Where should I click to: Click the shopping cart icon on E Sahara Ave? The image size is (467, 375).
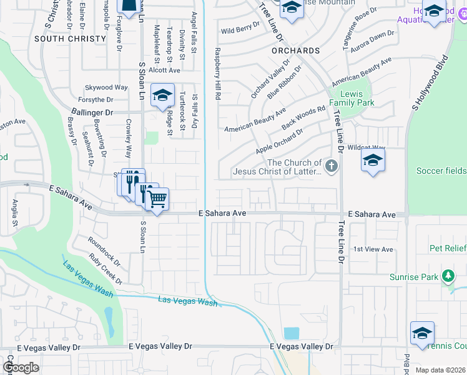click(157, 199)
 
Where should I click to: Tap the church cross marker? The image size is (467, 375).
click(332, 166)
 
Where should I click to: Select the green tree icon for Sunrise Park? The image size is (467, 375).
click(447, 276)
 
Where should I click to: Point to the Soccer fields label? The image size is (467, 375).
click(441, 171)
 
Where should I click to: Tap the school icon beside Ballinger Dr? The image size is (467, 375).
click(162, 96)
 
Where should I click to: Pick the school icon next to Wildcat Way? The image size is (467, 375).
click(373, 161)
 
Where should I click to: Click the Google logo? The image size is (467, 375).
click(21, 367)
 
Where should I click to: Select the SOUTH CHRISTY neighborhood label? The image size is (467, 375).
click(70, 39)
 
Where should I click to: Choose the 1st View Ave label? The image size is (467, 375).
click(373, 249)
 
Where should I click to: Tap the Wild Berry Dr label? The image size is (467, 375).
click(240, 29)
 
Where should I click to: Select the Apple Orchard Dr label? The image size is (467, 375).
click(279, 142)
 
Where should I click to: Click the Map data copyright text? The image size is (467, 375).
click(440, 369)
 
